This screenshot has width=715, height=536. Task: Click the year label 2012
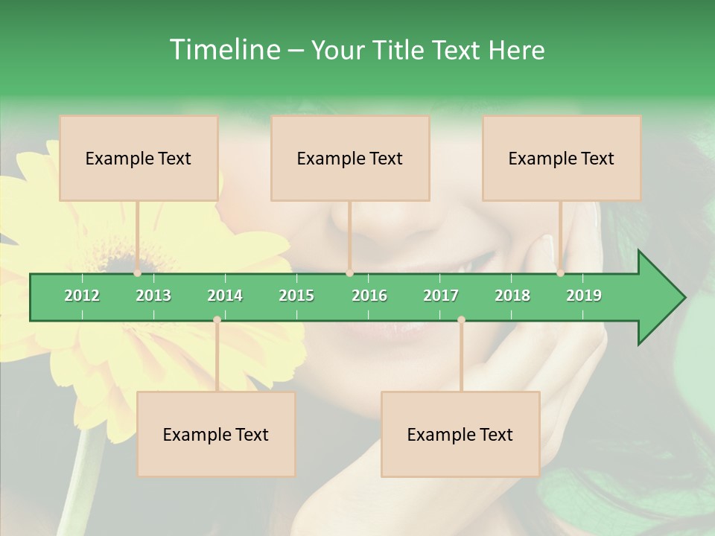pyautogui.click(x=82, y=296)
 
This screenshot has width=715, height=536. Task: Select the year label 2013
pyautogui.click(x=153, y=296)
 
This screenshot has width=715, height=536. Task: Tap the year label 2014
pyautogui.click(x=225, y=296)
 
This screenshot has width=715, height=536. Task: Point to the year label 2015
pyautogui.click(x=296, y=296)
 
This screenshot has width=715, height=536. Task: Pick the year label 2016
pyautogui.click(x=369, y=296)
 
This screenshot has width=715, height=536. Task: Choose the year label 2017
pyautogui.click(x=441, y=296)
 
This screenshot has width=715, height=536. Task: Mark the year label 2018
pyautogui.click(x=512, y=296)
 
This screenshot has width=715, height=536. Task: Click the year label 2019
pyautogui.click(x=584, y=296)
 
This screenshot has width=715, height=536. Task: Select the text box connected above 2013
pyautogui.click(x=139, y=158)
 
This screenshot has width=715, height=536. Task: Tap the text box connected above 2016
pyautogui.click(x=350, y=158)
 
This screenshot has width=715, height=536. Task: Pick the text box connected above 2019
pyautogui.click(x=562, y=158)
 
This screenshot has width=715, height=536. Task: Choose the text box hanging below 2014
pyautogui.click(x=216, y=434)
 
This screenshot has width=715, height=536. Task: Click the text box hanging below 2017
pyautogui.click(x=460, y=434)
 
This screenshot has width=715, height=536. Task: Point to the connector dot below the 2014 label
pyautogui.click(x=217, y=320)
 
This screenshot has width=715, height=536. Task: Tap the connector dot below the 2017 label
pyautogui.click(x=461, y=320)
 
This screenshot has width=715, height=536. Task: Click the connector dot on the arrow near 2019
pyautogui.click(x=560, y=273)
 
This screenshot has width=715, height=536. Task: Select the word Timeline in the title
pyautogui.click(x=223, y=50)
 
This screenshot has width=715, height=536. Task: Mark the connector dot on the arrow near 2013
pyautogui.click(x=138, y=273)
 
